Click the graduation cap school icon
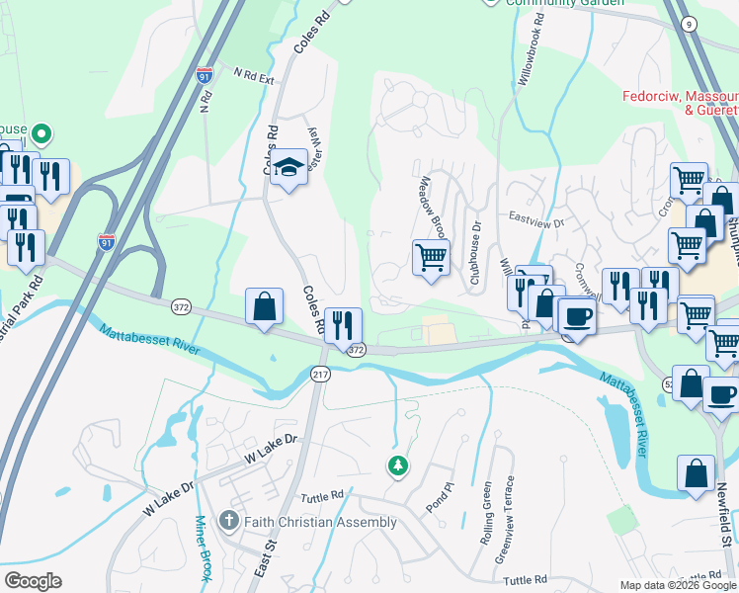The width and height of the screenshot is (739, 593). pyautogui.click(x=288, y=169)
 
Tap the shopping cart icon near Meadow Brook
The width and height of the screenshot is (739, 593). pyautogui.click(x=431, y=258)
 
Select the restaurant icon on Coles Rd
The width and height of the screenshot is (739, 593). pyautogui.click(x=343, y=325)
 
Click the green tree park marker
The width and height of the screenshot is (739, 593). pyautogui.click(x=397, y=465)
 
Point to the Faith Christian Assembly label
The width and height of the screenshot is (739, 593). pyautogui.click(x=320, y=522)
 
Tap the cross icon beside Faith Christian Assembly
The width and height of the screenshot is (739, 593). pyautogui.click(x=228, y=521)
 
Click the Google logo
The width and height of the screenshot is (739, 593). pyautogui.click(x=32, y=581)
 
